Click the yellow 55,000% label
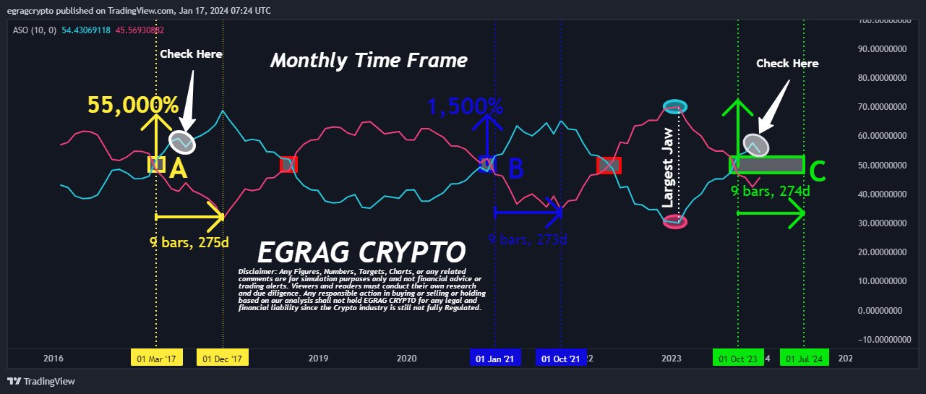(x=133, y=106)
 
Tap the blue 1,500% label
(x=465, y=107)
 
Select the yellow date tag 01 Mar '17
(x=156, y=359)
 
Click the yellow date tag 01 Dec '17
(x=223, y=359)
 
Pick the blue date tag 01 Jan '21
(x=494, y=359)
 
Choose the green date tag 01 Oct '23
(x=737, y=359)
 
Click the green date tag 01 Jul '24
(x=804, y=359)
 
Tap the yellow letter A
(x=178, y=169)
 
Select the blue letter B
(x=515, y=169)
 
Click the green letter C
(x=817, y=172)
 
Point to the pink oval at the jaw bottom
(x=675, y=222)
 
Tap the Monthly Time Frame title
(x=369, y=61)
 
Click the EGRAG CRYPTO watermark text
(x=361, y=253)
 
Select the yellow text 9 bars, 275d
(x=189, y=242)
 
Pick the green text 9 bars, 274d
(x=770, y=192)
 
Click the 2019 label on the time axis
(x=319, y=359)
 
